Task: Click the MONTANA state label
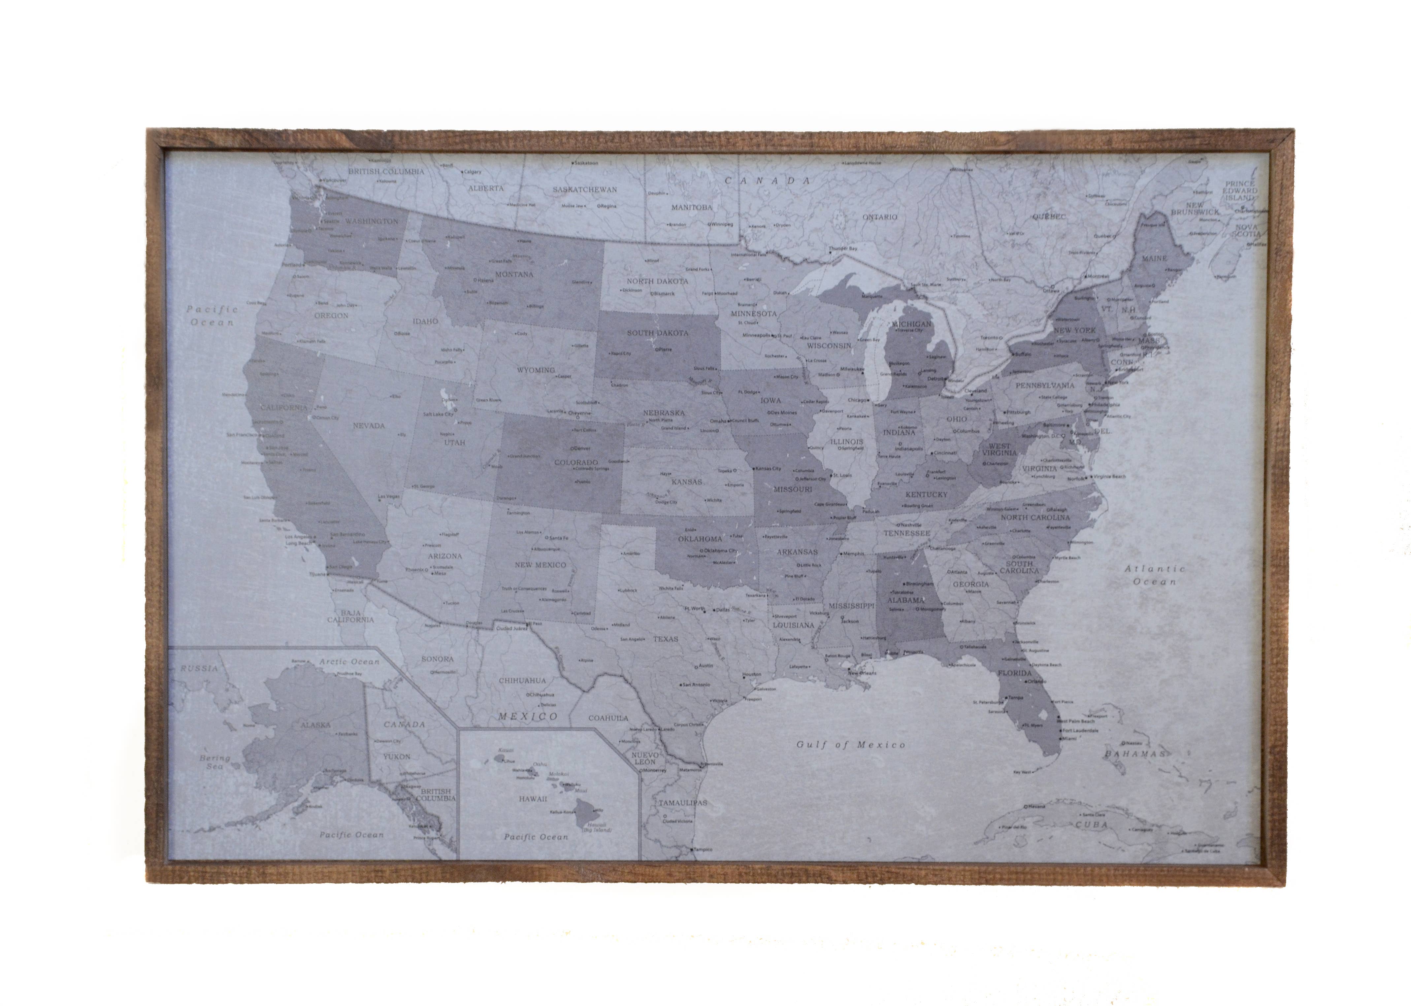(x=514, y=274)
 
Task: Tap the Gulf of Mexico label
(x=850, y=745)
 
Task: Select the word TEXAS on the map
(x=665, y=639)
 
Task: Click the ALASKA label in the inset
(x=315, y=724)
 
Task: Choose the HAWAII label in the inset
(x=533, y=799)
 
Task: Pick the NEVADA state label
(x=369, y=425)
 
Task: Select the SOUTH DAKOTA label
(x=657, y=333)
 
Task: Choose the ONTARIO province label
(x=879, y=217)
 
